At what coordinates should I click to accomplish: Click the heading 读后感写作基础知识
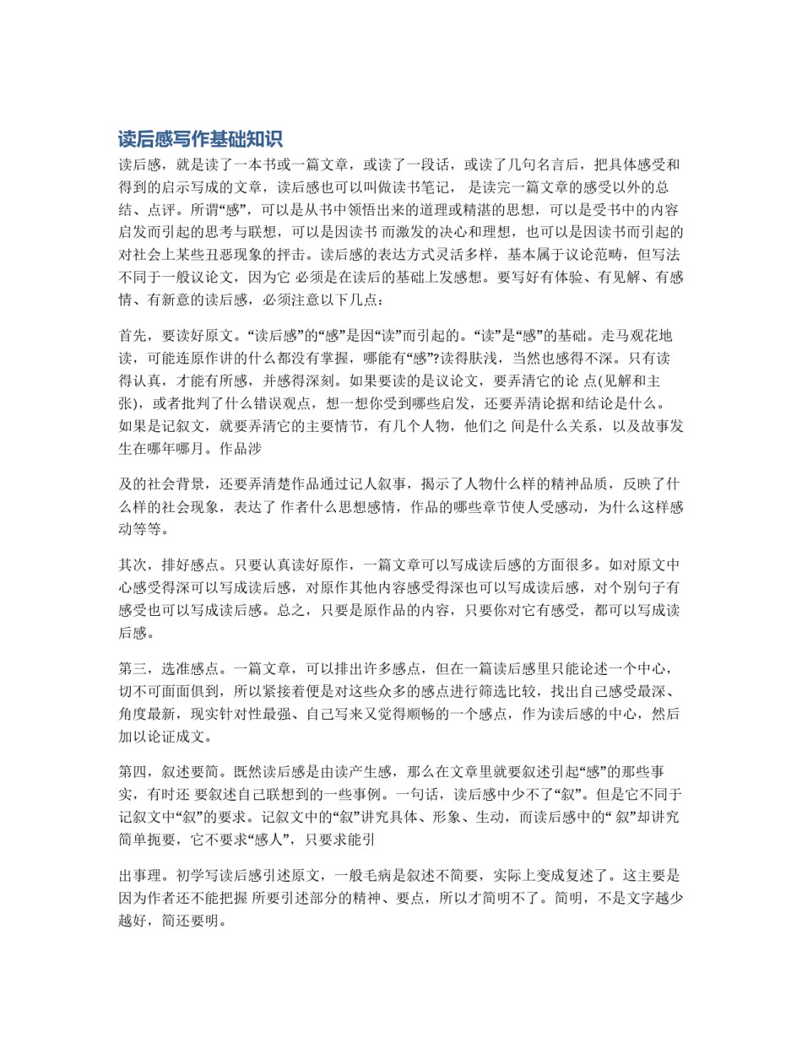pos(200,139)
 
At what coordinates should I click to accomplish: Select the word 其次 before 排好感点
pos(133,565)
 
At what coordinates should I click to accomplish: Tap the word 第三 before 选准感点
pos(133,669)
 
